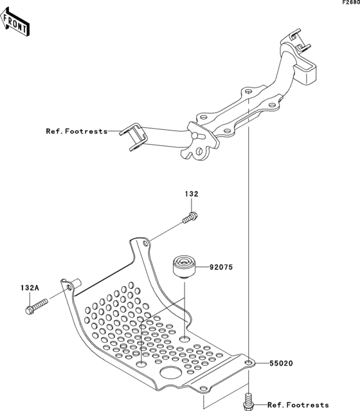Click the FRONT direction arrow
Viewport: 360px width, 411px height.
15,22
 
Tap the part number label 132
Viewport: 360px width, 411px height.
192,194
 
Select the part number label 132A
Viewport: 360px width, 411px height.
30,288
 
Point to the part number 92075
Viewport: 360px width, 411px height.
221,267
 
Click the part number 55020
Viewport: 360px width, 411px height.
282,363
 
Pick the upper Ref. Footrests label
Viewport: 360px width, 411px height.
76,131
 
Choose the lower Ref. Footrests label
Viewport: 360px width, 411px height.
298,405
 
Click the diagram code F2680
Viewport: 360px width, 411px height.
352,3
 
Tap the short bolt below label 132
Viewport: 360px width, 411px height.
190,218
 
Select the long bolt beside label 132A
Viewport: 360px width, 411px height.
37,306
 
